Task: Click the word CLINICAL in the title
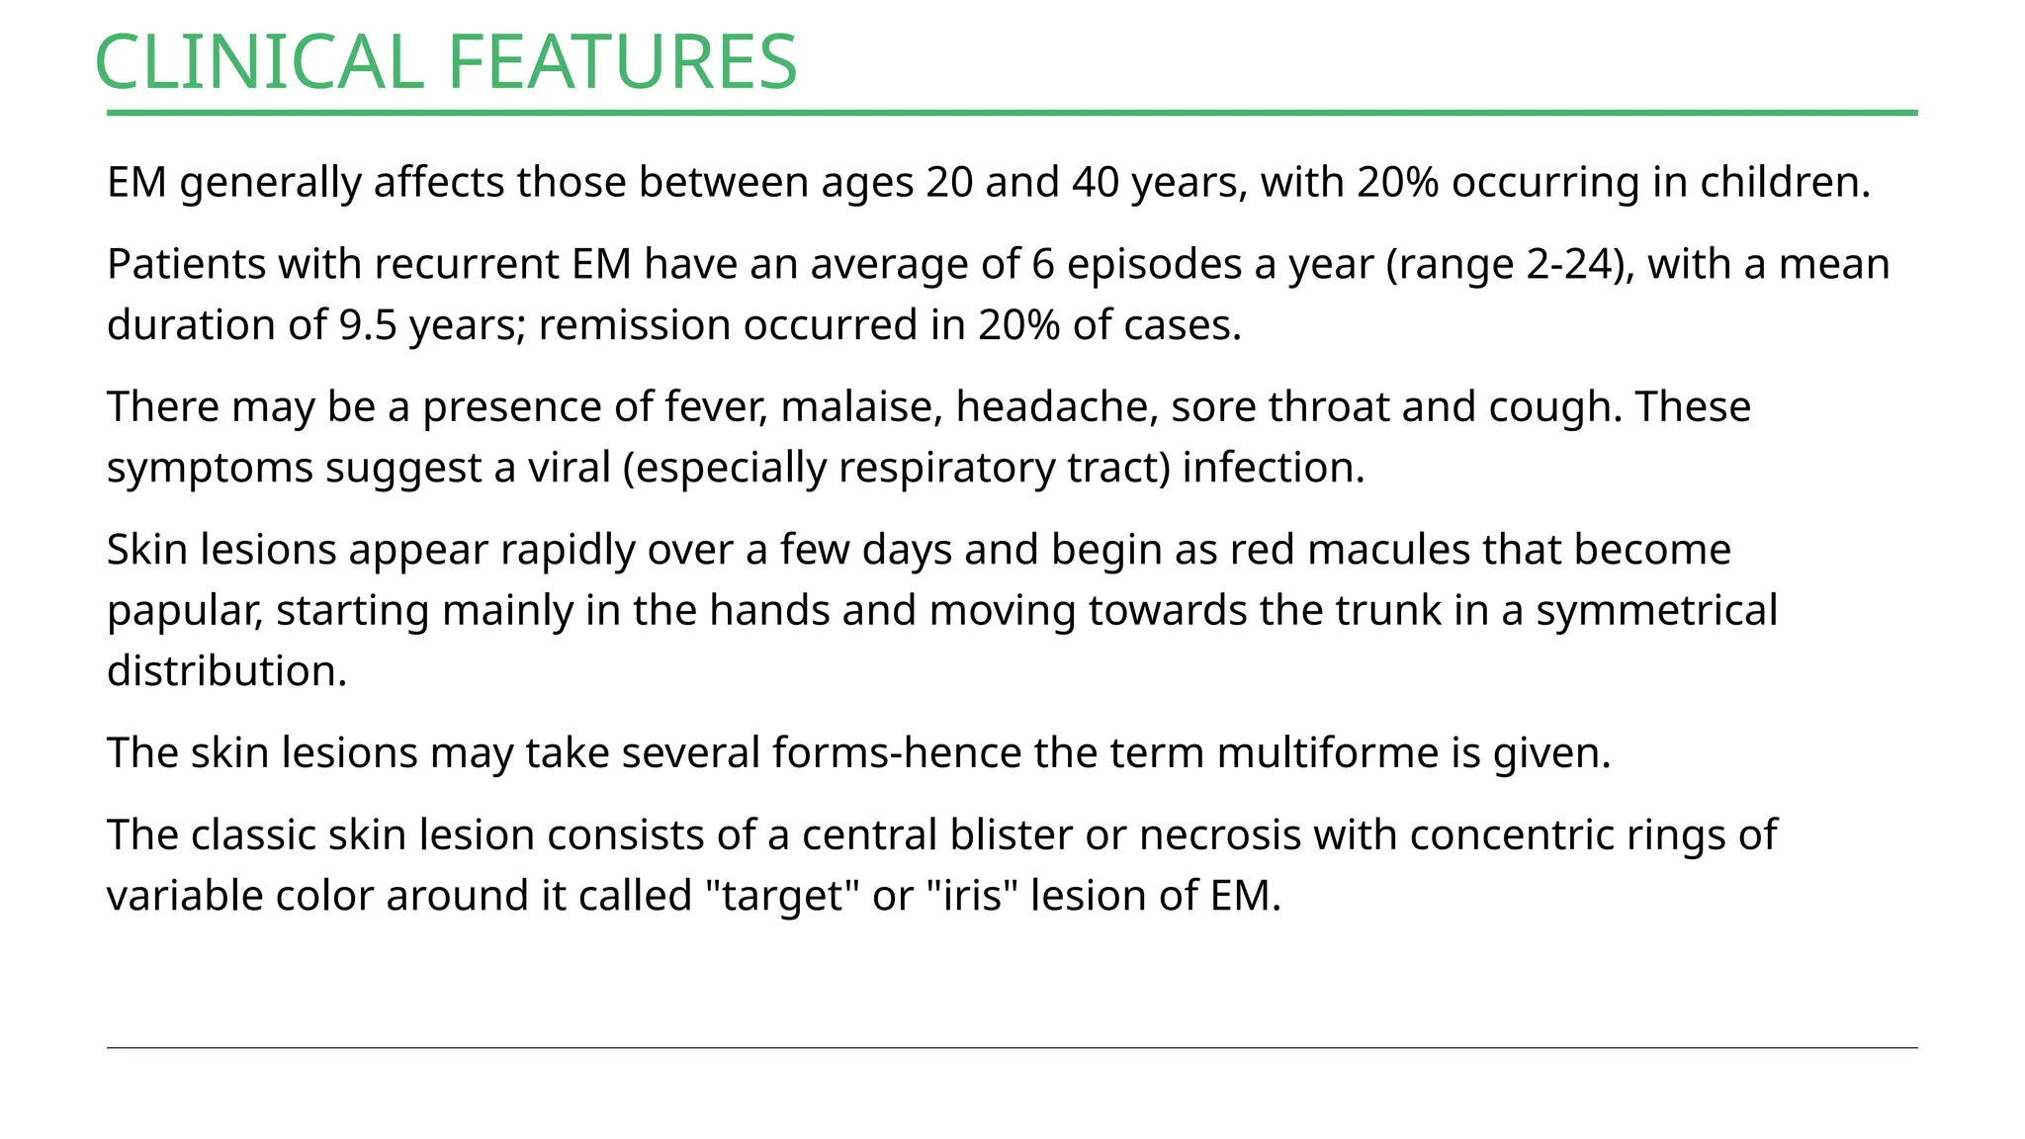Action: coord(259,62)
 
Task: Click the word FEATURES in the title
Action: coord(622,62)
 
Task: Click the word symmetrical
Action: coord(1656,611)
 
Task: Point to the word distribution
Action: coord(226,671)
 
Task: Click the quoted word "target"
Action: coord(782,897)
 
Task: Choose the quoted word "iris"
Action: coord(973,897)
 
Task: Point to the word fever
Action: coord(716,407)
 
